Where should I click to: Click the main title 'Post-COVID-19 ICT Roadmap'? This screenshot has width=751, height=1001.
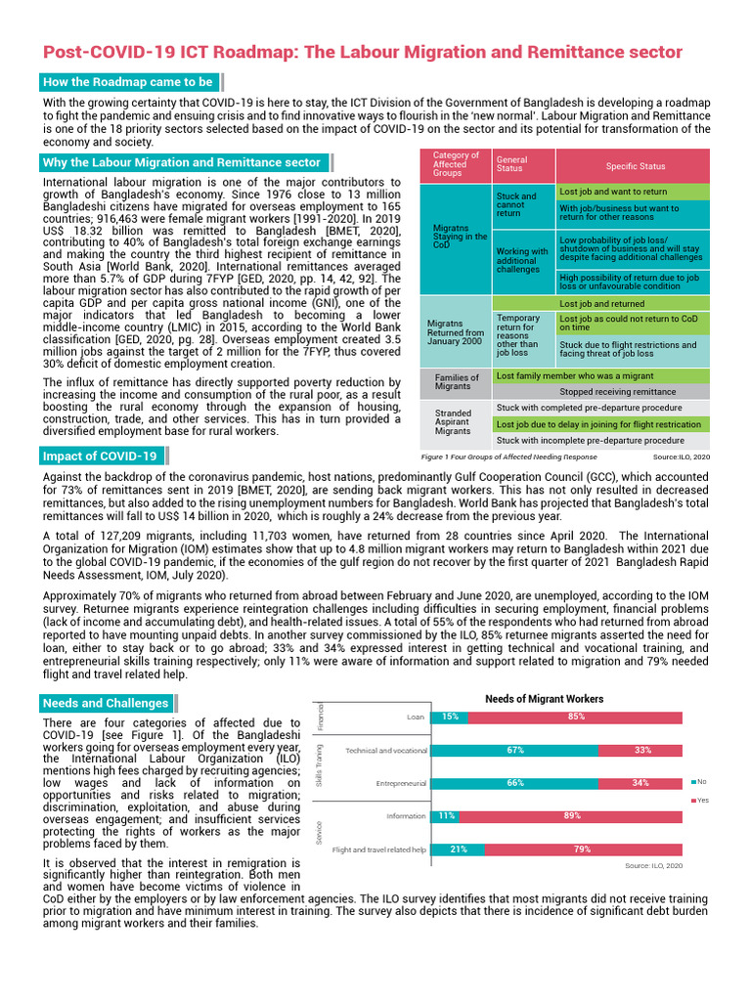(x=362, y=52)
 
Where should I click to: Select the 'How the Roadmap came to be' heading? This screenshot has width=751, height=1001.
(x=127, y=82)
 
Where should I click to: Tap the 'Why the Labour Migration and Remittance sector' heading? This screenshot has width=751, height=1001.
(x=181, y=162)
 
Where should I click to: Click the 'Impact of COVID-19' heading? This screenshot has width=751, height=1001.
(x=100, y=456)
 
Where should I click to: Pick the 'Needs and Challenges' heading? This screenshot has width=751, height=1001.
(x=106, y=703)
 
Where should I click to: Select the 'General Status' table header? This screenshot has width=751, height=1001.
(x=511, y=164)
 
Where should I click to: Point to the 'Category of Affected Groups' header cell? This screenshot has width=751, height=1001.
(x=455, y=164)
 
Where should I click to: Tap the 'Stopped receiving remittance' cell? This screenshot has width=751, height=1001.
(x=616, y=391)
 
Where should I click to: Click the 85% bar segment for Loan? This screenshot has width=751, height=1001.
(x=575, y=717)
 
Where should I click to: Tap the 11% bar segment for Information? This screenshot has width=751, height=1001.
(x=445, y=815)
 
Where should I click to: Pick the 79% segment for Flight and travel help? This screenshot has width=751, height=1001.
(x=582, y=849)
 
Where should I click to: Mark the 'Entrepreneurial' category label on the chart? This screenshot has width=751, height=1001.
(x=401, y=783)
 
